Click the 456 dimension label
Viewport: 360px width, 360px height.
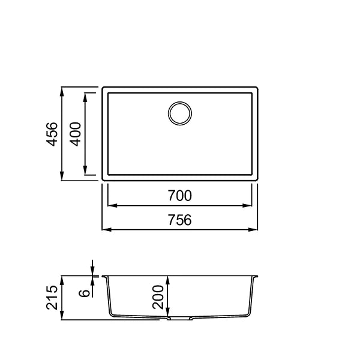point(52,134)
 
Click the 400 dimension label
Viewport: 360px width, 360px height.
point(76,134)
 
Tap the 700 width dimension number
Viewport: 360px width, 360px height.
point(179,196)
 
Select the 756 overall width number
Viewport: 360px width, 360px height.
point(179,220)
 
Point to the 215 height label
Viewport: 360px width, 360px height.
point(52,298)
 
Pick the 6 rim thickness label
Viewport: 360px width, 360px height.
point(84,293)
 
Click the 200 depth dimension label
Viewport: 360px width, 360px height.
point(158,297)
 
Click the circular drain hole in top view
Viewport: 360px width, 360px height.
point(180,113)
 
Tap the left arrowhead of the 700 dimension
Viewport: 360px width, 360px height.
point(113,205)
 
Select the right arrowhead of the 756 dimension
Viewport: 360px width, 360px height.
point(253,229)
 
